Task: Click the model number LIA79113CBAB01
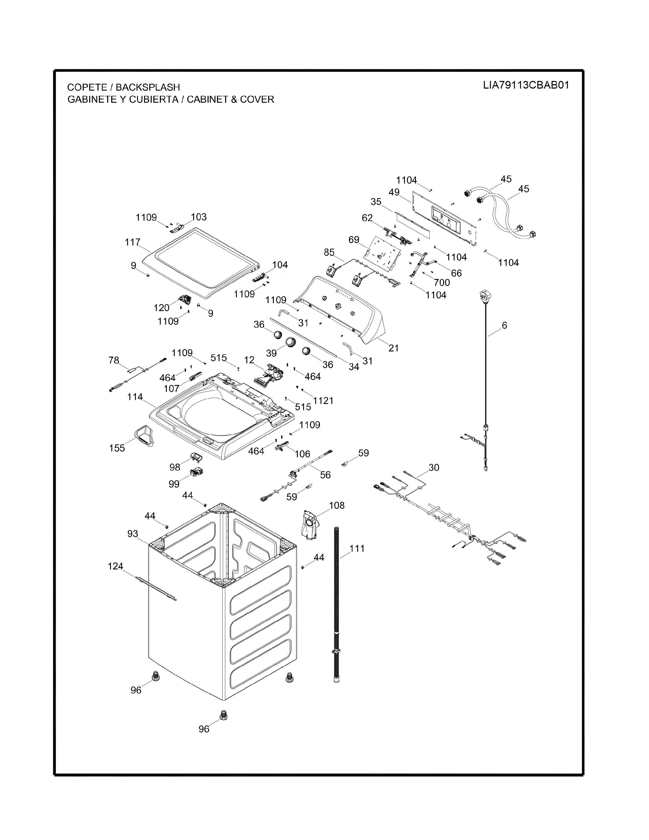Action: point(526,85)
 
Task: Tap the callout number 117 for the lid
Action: point(132,242)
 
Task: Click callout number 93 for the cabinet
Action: point(133,534)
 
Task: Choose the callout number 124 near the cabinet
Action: point(115,566)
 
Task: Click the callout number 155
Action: point(117,448)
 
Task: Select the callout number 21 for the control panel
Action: point(393,348)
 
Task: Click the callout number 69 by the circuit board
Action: point(354,240)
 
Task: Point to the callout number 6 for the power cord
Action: point(504,325)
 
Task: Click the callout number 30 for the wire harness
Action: point(434,467)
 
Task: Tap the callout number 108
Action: point(337,505)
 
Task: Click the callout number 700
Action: point(442,282)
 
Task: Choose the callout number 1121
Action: point(323,400)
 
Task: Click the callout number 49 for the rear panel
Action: point(394,192)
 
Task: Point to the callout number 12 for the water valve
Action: point(249,360)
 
